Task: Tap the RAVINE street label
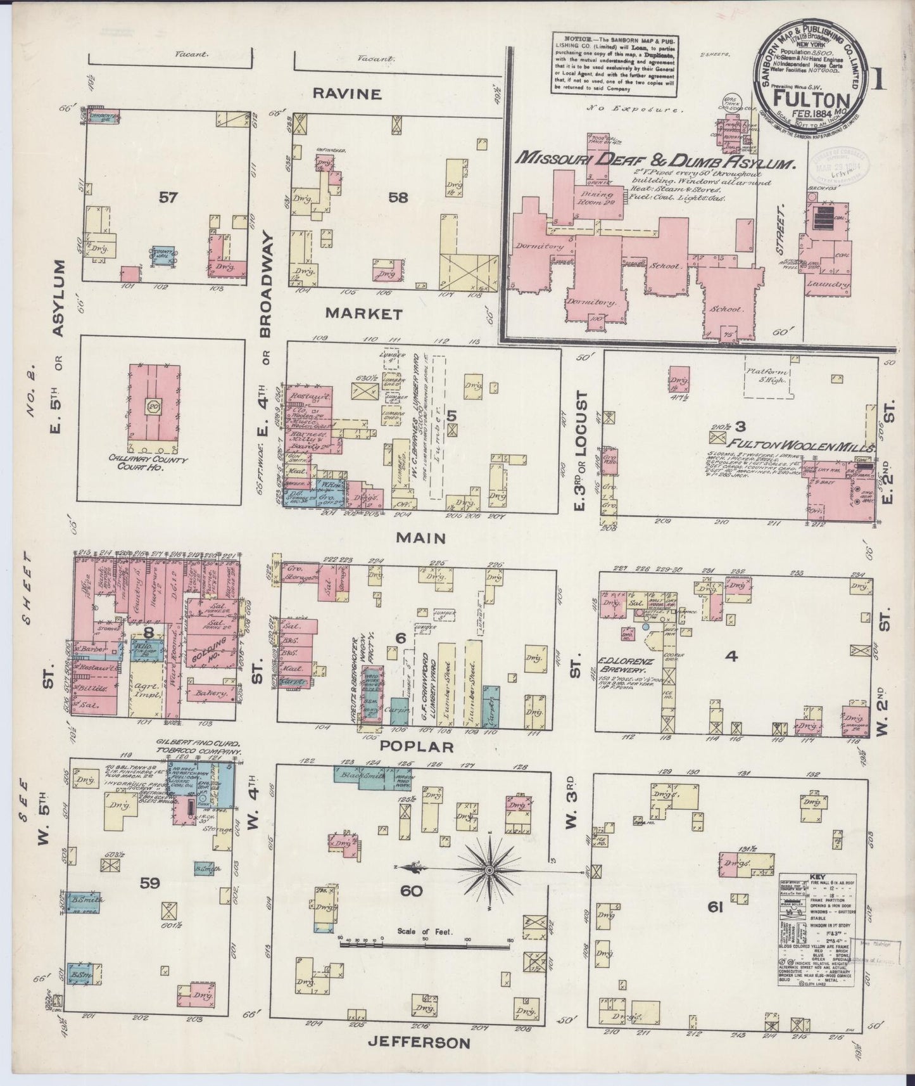coord(347,94)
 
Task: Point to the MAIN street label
coord(420,538)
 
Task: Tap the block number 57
coord(168,198)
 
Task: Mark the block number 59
coord(150,882)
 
